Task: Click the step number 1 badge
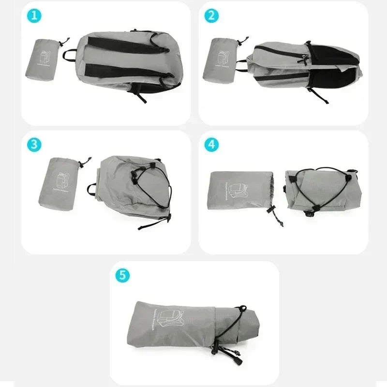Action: point(34,15)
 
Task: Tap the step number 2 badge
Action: point(211,15)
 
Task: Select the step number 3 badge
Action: point(34,144)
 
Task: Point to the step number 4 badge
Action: point(211,144)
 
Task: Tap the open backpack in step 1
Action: point(129,63)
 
